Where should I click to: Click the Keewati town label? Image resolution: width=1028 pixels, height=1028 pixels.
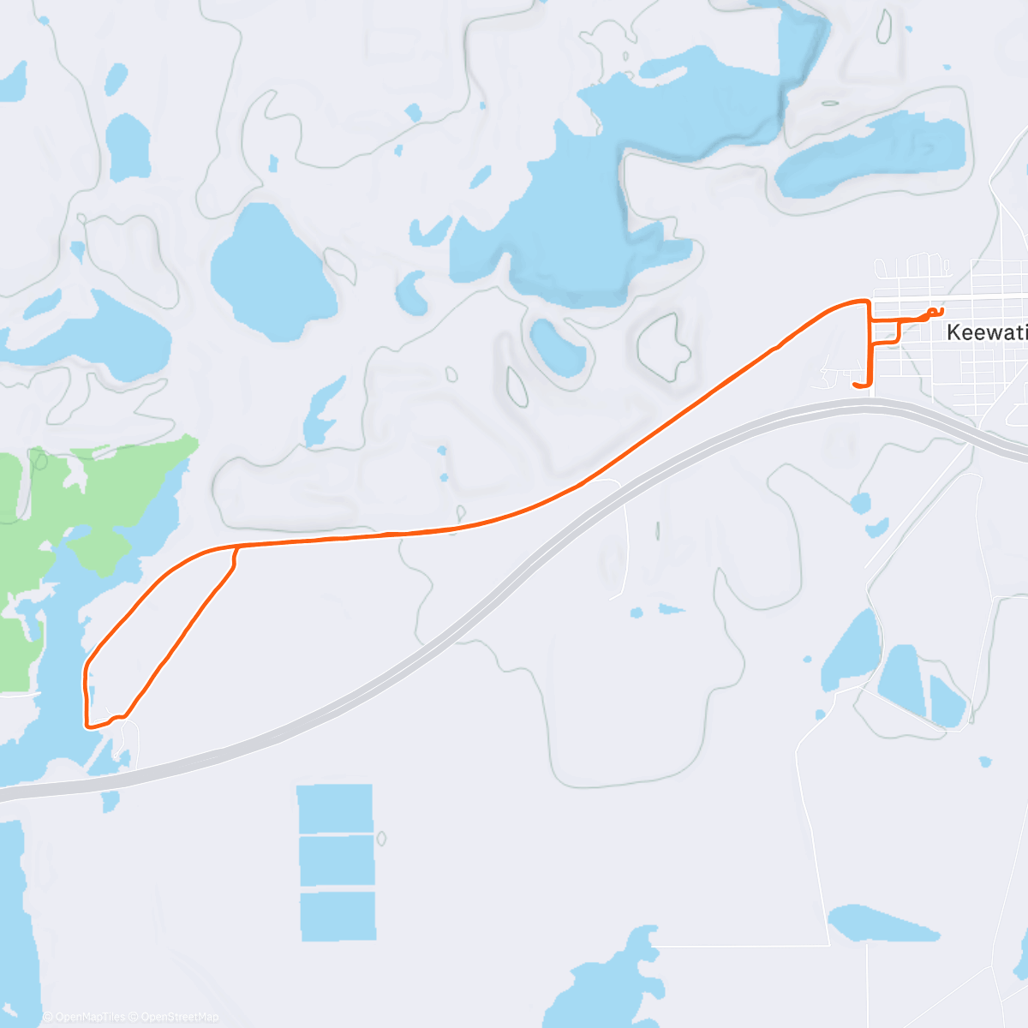(986, 332)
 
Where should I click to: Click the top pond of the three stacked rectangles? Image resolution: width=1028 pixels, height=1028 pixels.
(335, 808)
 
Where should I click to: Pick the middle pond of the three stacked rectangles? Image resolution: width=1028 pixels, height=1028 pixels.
(337, 862)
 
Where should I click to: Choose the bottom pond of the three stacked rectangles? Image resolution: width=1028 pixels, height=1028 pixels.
(338, 915)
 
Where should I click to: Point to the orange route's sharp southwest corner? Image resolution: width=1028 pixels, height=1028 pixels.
(87, 726)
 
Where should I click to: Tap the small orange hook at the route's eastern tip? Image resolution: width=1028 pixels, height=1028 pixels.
(935, 311)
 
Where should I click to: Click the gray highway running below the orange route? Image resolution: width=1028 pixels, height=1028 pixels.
(514, 583)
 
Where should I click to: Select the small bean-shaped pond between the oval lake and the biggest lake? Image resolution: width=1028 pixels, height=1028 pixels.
(412, 291)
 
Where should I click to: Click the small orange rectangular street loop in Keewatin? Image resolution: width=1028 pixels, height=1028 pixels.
(885, 332)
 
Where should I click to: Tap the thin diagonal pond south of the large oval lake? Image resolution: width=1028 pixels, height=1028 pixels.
(324, 411)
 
